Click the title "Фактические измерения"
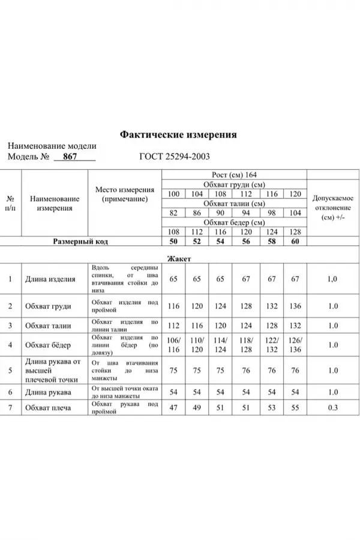[178, 135]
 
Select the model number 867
[70, 157]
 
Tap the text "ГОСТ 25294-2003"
[174, 157]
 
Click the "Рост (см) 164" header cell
[234, 174]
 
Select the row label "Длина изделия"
[50, 279]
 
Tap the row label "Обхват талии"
[48, 326]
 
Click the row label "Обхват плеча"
[48, 408]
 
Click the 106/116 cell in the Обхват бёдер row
[174, 344]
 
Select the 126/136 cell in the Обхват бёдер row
[295, 344]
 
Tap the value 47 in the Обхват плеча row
[174, 408]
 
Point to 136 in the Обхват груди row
[295, 306]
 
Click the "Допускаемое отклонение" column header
[333, 207]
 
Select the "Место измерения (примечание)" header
[124, 194]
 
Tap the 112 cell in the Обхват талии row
[174, 326]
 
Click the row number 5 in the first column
[10, 371]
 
